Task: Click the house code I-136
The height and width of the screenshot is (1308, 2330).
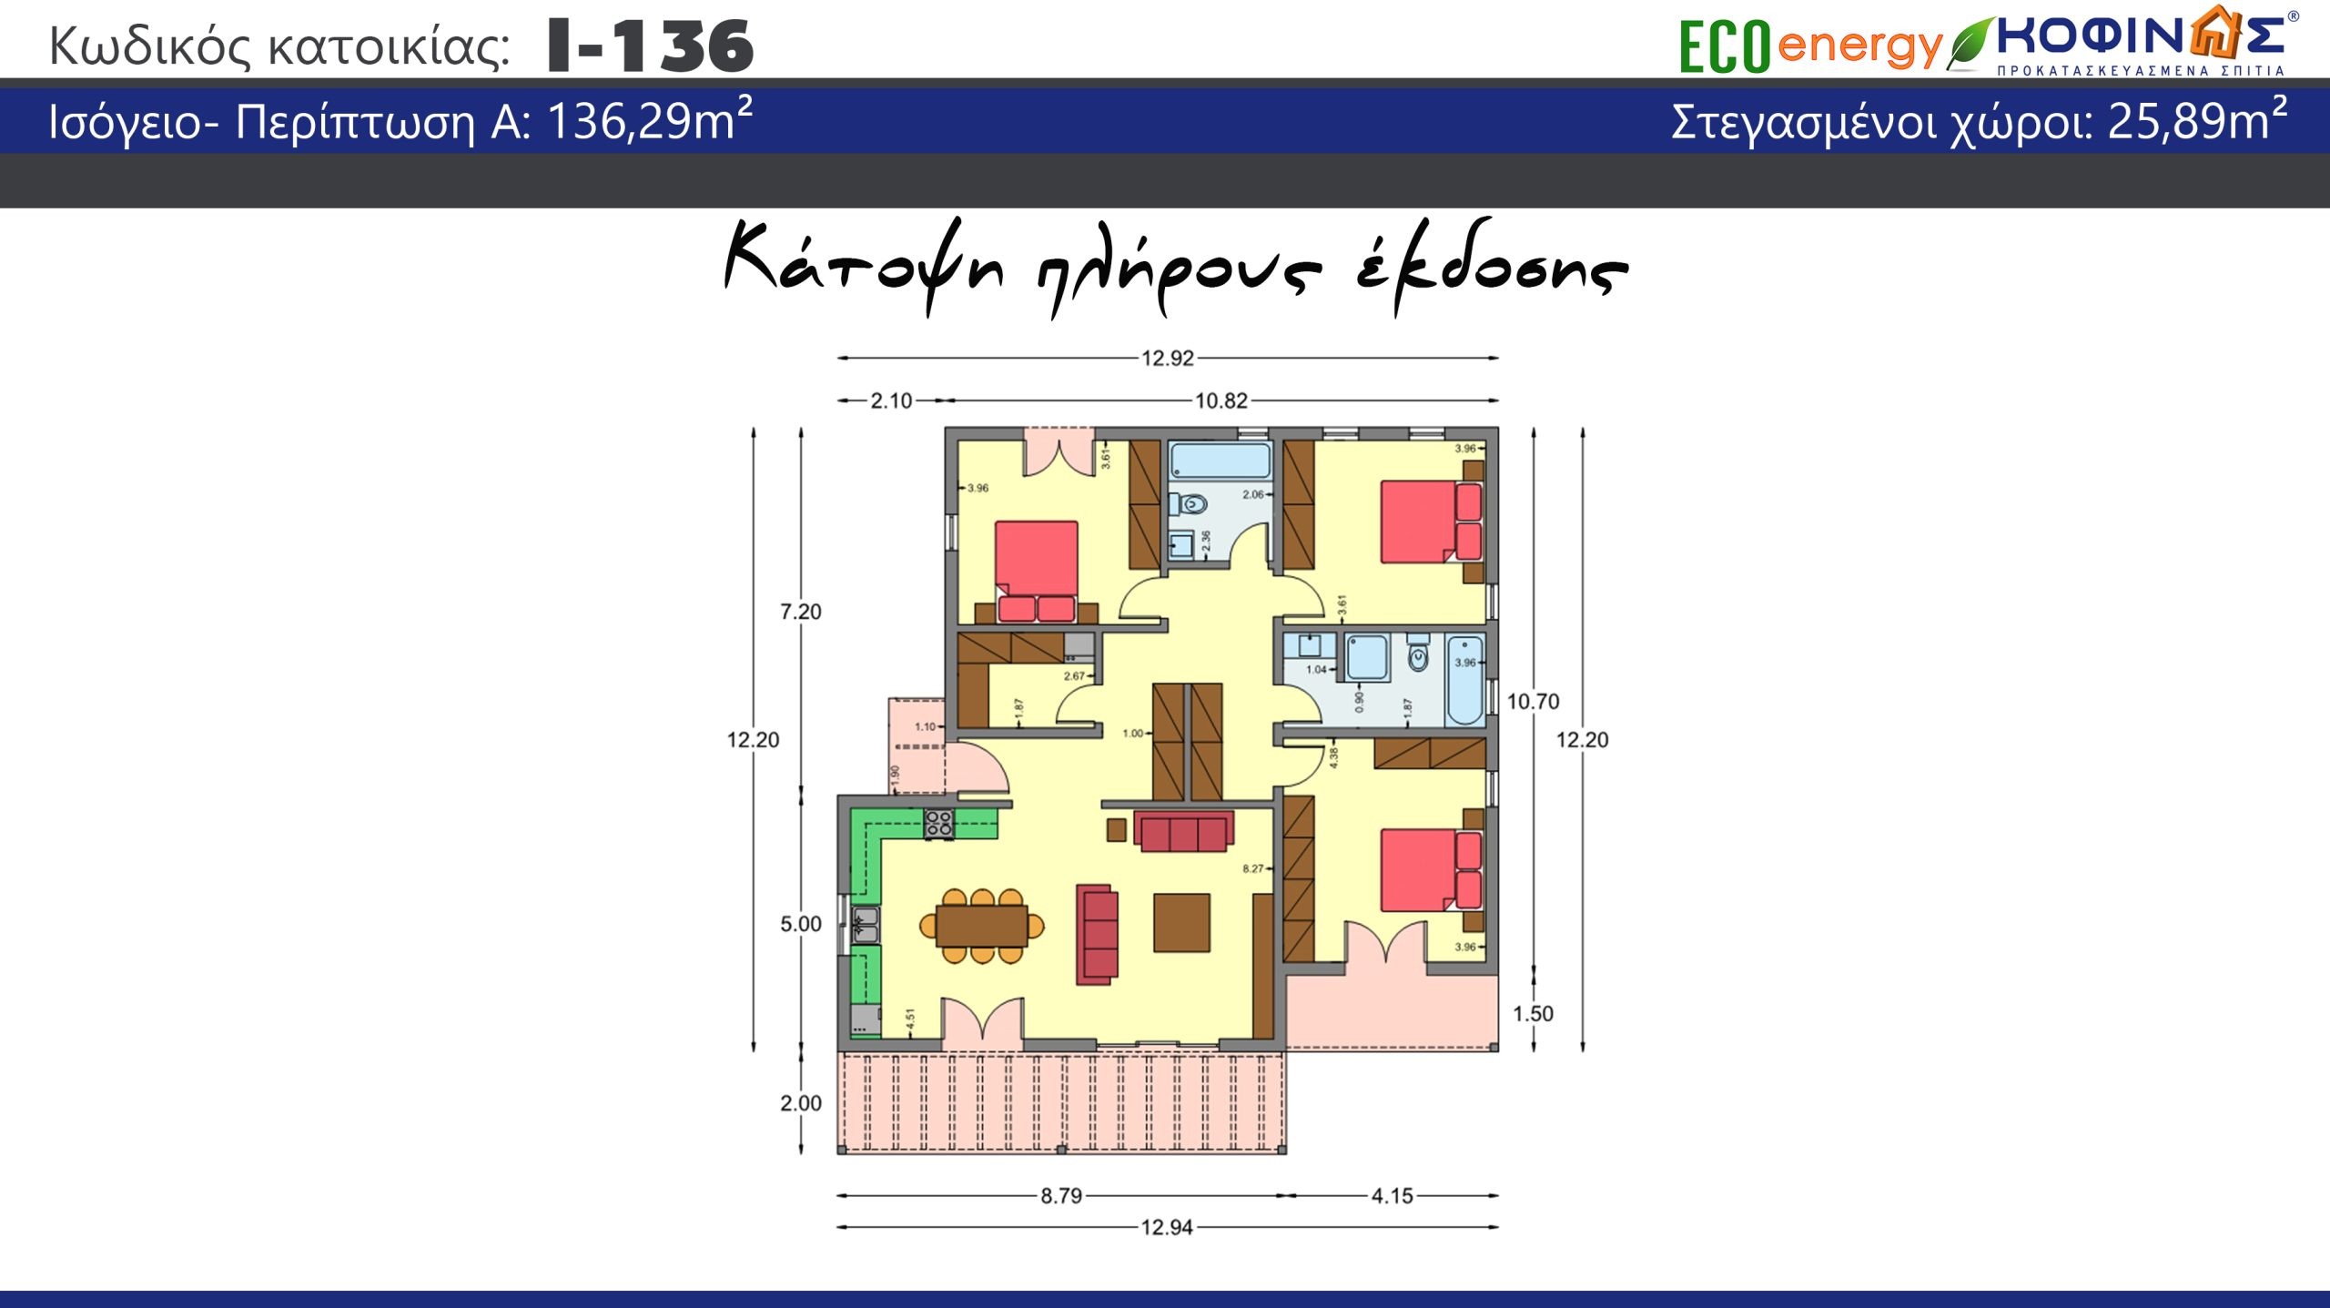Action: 651,46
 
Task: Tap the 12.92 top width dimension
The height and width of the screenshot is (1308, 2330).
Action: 1167,359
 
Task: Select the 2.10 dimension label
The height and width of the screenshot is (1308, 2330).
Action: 890,401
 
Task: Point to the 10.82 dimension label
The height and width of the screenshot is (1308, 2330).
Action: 1221,401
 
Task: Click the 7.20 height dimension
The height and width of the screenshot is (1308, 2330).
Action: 800,612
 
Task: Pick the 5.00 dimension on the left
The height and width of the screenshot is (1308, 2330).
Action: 800,925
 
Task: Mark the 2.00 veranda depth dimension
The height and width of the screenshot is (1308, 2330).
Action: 800,1103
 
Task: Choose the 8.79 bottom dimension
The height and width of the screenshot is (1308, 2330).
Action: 1061,1196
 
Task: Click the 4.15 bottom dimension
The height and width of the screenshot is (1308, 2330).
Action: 1392,1196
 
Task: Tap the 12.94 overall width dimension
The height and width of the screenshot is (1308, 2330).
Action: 1166,1228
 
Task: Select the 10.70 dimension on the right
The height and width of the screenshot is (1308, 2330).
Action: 1533,702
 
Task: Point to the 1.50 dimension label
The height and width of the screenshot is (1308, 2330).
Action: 1533,1014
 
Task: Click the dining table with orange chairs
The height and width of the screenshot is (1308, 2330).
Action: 982,926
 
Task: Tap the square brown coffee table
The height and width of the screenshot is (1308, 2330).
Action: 1181,922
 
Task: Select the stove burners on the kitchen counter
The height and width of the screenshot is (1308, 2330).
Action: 938,824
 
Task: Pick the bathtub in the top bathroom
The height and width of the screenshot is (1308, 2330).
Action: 1220,461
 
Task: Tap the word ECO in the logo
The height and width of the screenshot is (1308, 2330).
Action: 1724,46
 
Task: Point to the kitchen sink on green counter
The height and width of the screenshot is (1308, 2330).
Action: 865,924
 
